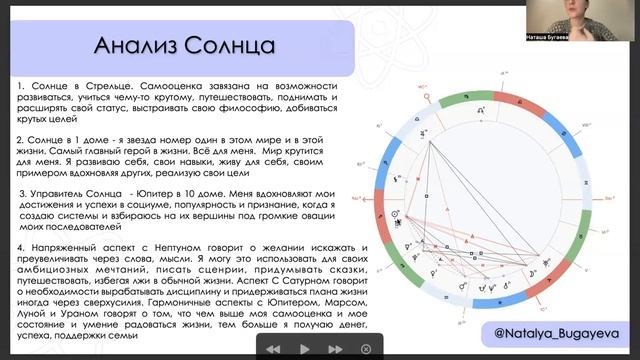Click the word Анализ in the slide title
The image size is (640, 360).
coord(132,47)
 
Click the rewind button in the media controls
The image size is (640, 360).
coord(272,348)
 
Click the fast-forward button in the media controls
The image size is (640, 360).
coord(336,348)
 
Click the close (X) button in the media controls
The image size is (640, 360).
coord(367,348)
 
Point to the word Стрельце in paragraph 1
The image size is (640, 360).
coord(108,88)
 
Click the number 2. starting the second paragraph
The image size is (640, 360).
coord(22,138)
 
